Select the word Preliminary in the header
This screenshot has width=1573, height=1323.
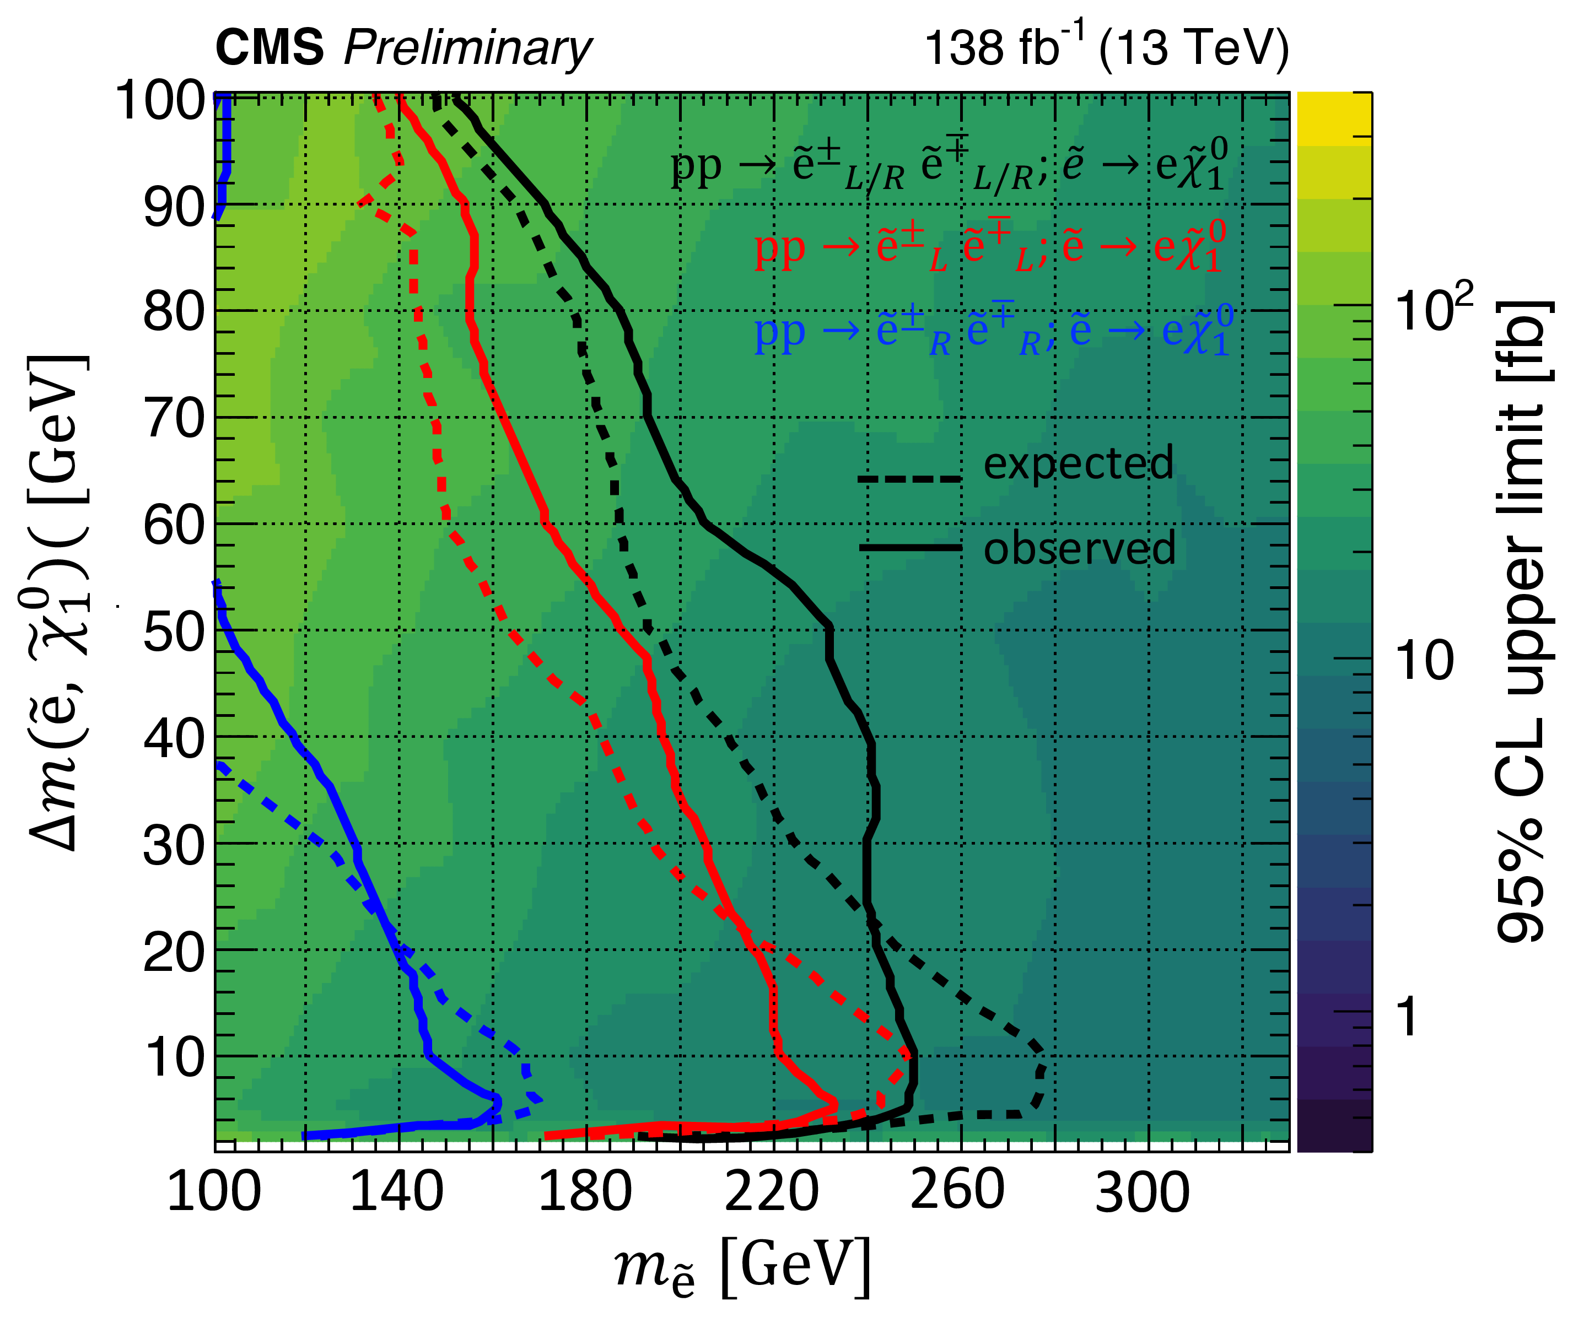coord(467,50)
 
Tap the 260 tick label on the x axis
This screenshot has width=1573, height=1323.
coord(957,1190)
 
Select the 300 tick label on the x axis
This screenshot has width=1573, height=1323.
coord(1143,1192)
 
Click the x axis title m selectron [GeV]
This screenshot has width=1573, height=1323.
coord(742,1267)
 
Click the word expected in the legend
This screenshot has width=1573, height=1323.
coord(1078,463)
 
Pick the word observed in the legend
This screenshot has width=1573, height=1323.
coord(1079,548)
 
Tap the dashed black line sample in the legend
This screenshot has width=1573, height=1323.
coord(909,478)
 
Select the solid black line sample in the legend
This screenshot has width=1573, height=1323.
coord(910,548)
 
